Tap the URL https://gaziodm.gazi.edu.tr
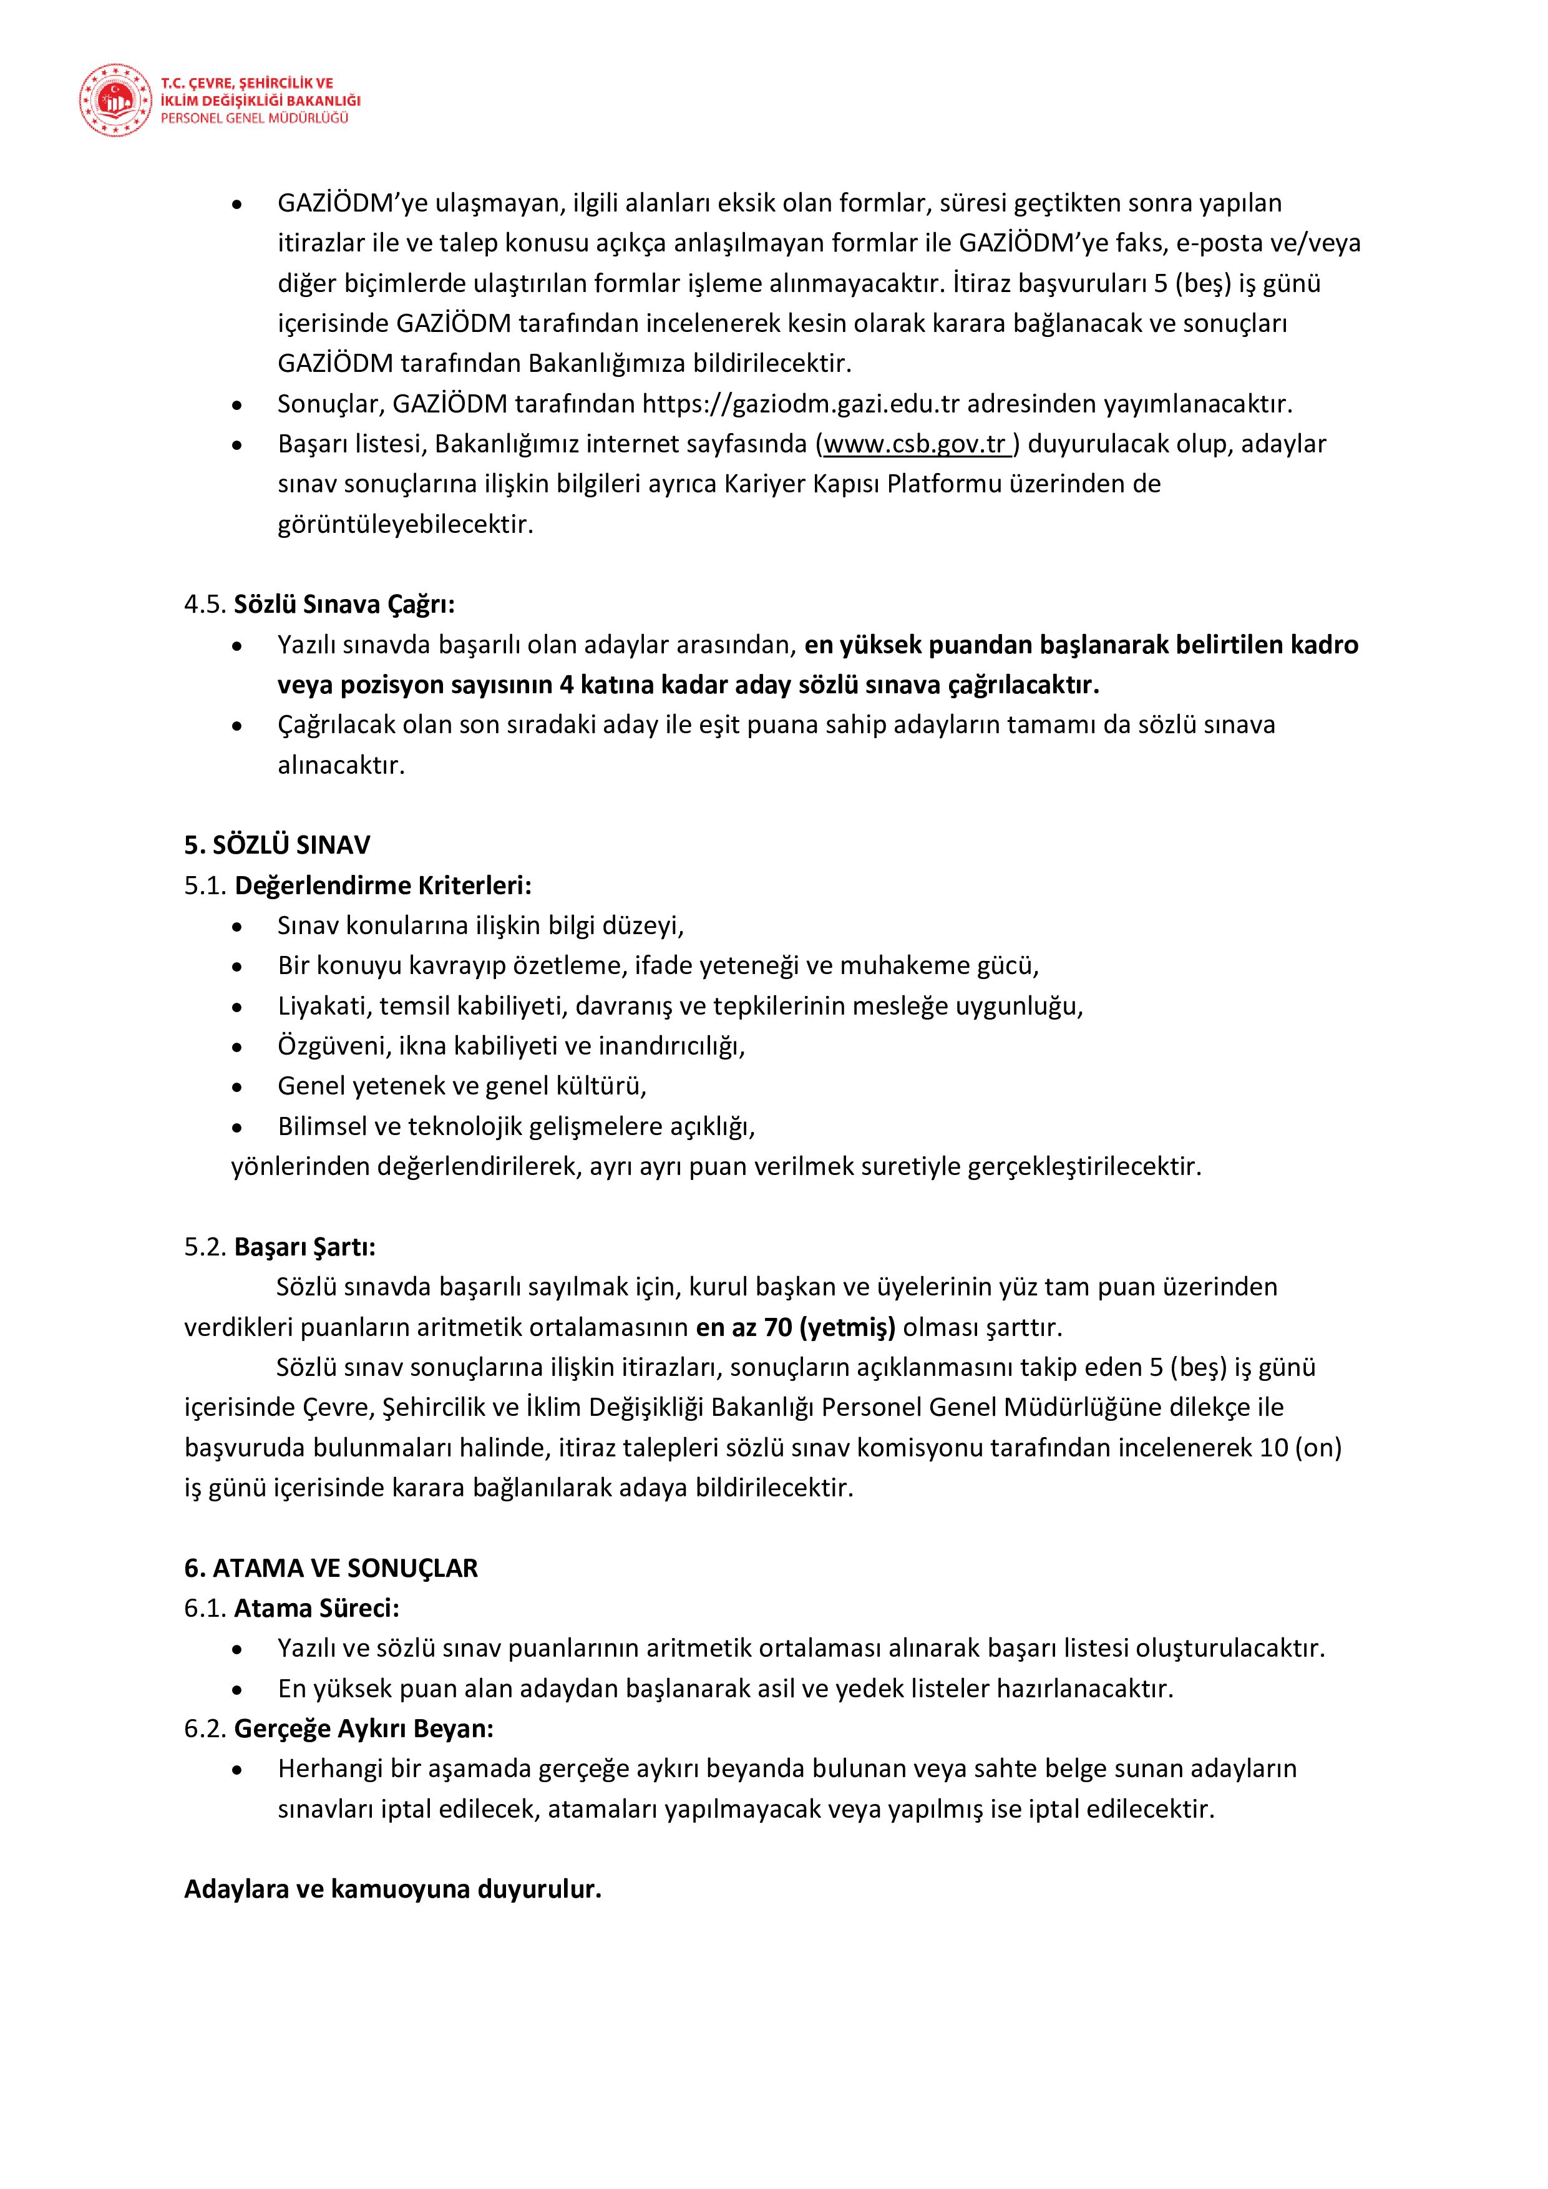[801, 404]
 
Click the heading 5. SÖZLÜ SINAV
[278, 846]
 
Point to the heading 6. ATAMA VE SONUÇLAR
[331, 1568]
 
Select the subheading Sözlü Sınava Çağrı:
[344, 605]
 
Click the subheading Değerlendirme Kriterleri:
[383, 885]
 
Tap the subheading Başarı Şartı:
[305, 1247]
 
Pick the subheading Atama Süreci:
[316, 1609]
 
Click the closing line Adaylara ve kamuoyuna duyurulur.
[392, 1889]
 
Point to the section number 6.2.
[206, 1728]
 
